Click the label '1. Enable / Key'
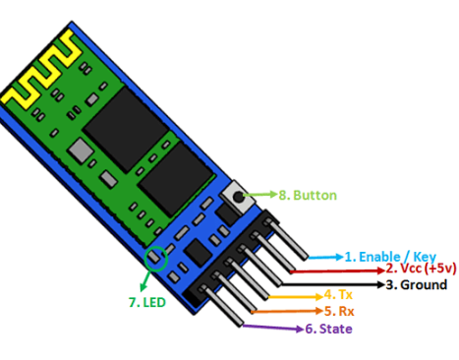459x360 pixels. coord(390,257)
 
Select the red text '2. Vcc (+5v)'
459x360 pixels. coord(421,269)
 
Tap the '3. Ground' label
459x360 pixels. coord(416,284)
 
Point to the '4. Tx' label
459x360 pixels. coord(338,295)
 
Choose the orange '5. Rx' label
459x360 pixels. coord(339,311)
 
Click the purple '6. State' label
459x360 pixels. coord(328,329)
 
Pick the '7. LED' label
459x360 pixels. coord(147,302)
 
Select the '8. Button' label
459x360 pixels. coord(308,196)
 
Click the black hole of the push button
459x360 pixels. coord(238,197)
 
